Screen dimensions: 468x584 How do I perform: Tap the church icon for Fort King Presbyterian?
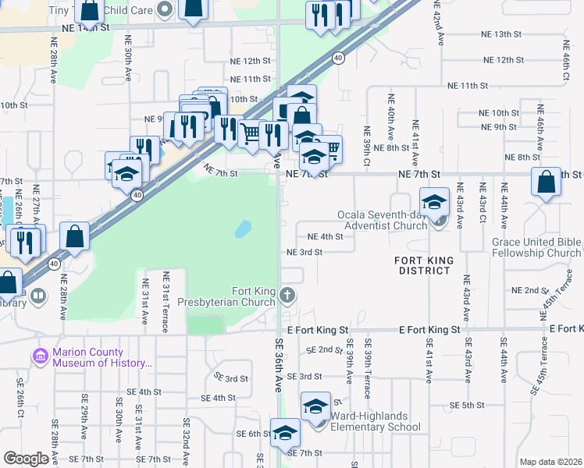click(288, 295)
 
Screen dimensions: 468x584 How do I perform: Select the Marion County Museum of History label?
click(101, 357)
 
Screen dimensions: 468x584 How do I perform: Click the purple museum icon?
click(41, 356)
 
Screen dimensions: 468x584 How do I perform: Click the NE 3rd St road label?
click(304, 252)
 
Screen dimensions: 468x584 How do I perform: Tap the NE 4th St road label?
click(326, 236)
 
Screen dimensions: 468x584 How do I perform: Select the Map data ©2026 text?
click(550, 462)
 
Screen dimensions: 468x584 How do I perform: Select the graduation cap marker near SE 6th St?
click(285, 432)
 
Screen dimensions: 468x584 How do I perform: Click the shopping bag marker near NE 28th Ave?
click(74, 236)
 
